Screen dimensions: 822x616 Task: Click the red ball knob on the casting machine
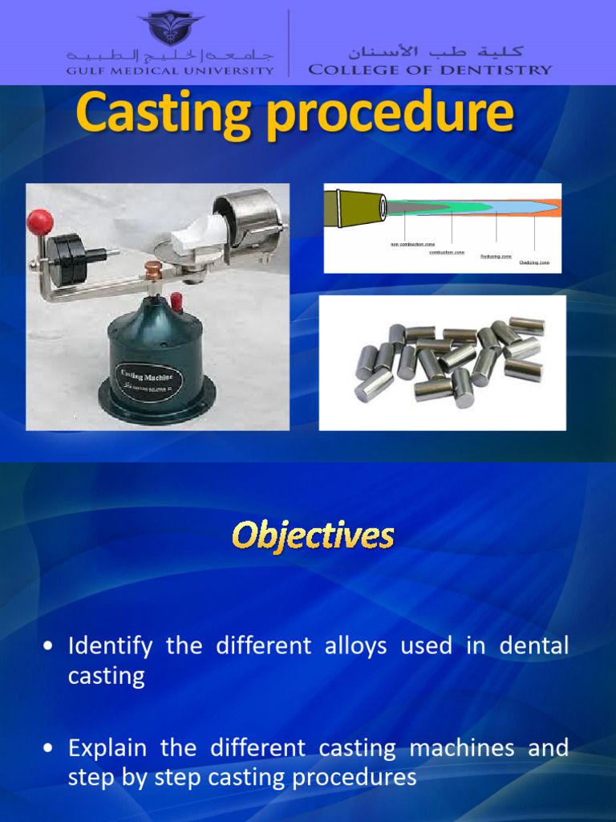(40, 222)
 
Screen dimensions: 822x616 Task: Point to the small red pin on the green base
(176, 302)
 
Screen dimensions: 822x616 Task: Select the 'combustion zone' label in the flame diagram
(447, 252)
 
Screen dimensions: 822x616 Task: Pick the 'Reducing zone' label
(496, 257)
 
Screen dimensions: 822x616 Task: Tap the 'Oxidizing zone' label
(534, 262)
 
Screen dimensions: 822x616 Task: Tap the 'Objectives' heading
(313, 535)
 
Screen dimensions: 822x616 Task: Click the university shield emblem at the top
(170, 27)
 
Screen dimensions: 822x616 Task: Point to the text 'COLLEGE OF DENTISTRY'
(430, 70)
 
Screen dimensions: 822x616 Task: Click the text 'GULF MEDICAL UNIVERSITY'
(170, 71)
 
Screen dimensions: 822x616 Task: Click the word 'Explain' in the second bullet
(107, 748)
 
